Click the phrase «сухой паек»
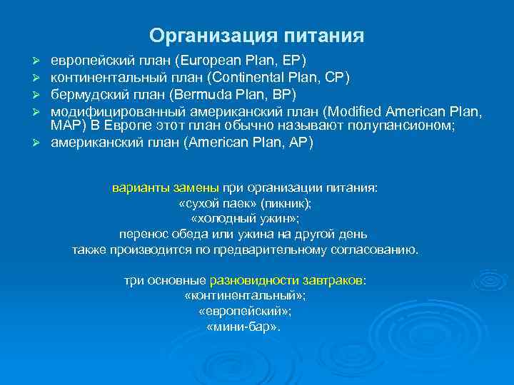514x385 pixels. click(x=218, y=204)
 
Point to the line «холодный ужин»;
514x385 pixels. click(x=246, y=219)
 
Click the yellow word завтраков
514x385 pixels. click(x=336, y=280)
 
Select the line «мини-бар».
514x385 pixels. click(x=243, y=327)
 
